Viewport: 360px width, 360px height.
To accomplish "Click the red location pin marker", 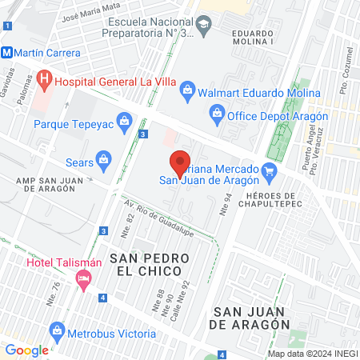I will [181, 164].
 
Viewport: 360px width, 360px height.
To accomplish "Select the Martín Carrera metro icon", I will [6, 53].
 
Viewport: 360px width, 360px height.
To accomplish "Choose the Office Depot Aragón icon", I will [218, 115].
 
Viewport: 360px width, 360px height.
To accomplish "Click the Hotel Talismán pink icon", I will [82, 278].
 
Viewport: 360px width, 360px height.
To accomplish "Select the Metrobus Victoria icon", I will [57, 329].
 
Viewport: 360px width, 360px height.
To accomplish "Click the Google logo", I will [26, 350].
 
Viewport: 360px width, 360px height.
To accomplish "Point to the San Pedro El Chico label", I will [150, 266].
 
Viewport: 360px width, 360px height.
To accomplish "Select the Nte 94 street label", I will [227, 205].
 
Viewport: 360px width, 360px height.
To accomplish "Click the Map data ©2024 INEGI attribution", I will [312, 354].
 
